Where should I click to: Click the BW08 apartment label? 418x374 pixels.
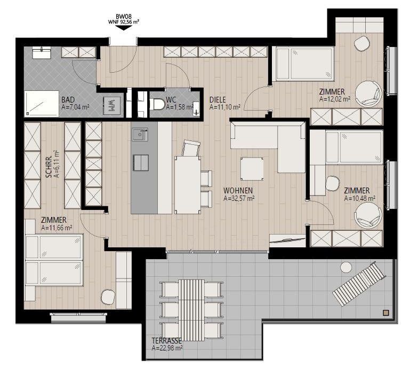pyautogui.click(x=124, y=17)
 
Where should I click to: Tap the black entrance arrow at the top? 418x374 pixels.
pyautogui.click(x=124, y=28)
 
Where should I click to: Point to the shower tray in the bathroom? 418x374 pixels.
pyautogui.click(x=42, y=104)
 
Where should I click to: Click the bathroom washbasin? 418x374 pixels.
pyautogui.click(x=42, y=52)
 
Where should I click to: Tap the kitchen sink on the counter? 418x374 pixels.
pyautogui.click(x=140, y=135)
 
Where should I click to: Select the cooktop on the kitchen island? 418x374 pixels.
pyautogui.click(x=141, y=162)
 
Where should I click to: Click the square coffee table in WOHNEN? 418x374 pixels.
pyautogui.click(x=252, y=169)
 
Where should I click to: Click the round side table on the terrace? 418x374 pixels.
pyautogui.click(x=347, y=267)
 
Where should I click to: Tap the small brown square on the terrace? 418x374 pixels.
pyautogui.click(x=386, y=313)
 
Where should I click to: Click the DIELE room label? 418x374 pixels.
pyautogui.click(x=218, y=100)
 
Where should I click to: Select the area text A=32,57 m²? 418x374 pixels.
pyautogui.click(x=239, y=199)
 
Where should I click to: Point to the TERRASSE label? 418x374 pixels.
pyautogui.click(x=167, y=341)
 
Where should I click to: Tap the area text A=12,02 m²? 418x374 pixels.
pyautogui.click(x=335, y=99)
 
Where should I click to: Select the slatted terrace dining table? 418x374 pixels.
pyautogui.click(x=191, y=310)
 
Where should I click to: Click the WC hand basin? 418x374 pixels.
pyautogui.click(x=196, y=108)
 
